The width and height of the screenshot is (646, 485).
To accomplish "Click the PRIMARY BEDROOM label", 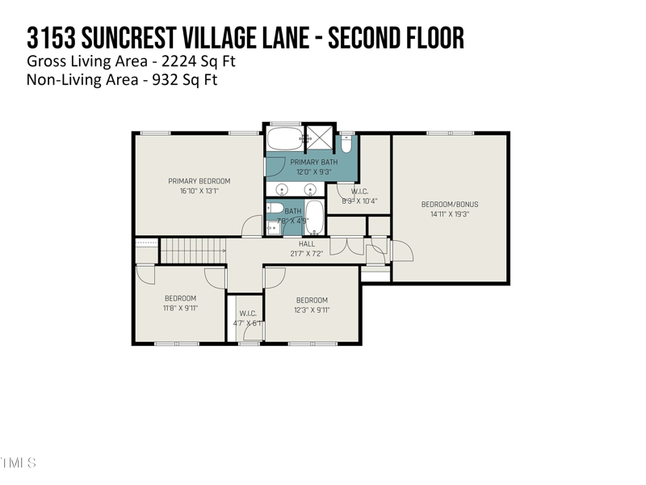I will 199,181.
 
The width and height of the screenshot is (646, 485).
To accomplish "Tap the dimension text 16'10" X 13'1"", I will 199,191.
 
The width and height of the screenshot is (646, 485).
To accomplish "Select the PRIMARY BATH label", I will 308,162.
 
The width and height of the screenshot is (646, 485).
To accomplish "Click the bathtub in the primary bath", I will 283,138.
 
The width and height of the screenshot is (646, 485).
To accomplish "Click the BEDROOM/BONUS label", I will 450,205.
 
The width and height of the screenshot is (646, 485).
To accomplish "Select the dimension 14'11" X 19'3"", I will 450,214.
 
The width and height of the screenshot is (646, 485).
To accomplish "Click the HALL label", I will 307,244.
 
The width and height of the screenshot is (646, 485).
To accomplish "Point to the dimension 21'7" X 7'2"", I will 307,254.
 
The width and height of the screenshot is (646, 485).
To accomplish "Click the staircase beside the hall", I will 192,250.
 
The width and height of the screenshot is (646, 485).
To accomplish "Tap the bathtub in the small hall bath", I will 313,217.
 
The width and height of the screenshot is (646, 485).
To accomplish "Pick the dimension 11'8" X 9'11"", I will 180,309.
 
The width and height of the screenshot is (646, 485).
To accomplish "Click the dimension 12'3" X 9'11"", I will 312,310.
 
